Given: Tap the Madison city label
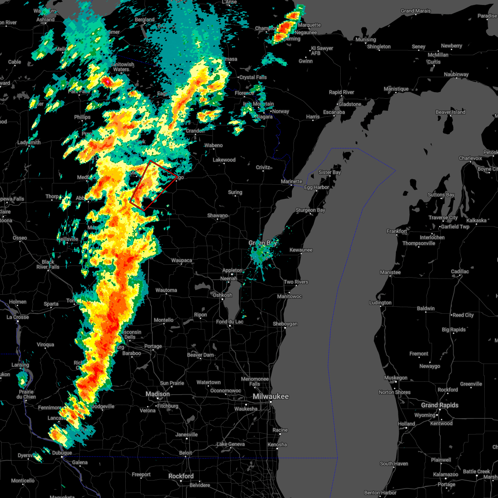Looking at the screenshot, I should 157,394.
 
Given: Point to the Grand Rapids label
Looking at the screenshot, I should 439,405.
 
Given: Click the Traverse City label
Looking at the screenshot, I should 444,217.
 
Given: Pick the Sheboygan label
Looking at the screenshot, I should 285,324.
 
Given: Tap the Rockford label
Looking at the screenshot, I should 182,476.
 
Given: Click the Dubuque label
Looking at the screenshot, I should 62,453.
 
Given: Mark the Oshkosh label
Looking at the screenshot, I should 222,295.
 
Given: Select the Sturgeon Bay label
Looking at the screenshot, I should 310,210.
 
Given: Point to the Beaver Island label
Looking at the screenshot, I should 450,112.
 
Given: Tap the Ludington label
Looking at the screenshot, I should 381,303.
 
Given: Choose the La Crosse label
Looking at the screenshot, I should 18,317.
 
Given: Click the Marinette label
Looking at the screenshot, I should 292,181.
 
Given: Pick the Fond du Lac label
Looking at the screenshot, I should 227,322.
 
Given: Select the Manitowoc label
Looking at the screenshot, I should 290,296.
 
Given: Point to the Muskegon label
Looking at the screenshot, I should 395,378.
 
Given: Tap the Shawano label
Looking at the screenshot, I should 217,215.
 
